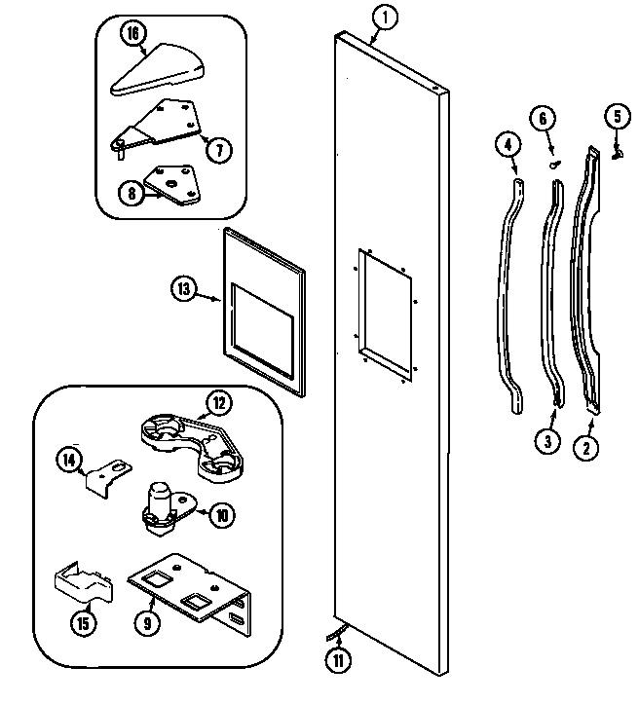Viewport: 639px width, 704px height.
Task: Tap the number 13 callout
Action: pos(186,288)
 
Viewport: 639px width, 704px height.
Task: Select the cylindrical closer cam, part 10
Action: pos(162,506)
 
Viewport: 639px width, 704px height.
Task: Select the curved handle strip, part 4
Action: pos(510,292)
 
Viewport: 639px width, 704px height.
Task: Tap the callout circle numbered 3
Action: pos(548,441)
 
